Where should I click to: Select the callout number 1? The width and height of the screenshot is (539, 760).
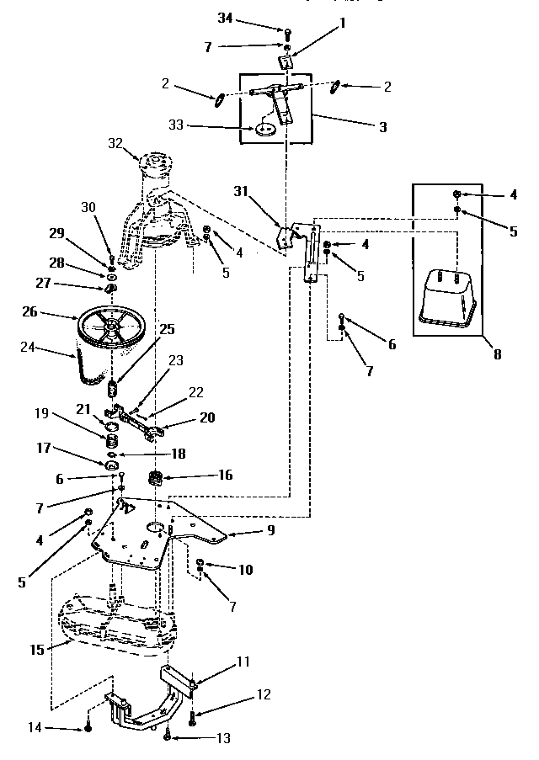tap(343, 24)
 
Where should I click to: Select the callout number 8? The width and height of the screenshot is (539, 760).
tap(498, 354)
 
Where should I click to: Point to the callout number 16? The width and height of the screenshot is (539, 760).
tap(225, 475)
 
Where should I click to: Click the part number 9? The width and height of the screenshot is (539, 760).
tap(269, 532)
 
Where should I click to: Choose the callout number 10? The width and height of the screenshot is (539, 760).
tap(245, 570)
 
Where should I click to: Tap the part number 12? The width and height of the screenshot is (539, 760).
tap(264, 695)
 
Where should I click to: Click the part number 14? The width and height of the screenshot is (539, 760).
tap(36, 726)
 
